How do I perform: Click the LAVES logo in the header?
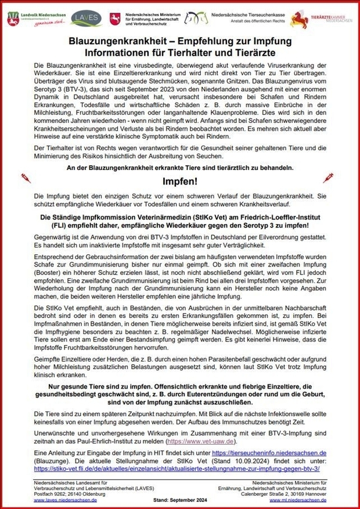(85, 18)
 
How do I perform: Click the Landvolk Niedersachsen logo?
(36, 18)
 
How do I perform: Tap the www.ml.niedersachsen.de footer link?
(303, 500)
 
